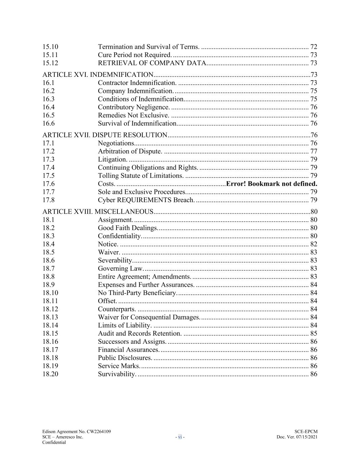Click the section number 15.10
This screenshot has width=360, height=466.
click(x=50, y=47)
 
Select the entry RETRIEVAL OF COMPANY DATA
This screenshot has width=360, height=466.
click(x=152, y=63)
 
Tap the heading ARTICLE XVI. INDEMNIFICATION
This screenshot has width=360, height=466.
click(x=98, y=75)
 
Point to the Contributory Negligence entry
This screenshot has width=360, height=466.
click(x=133, y=107)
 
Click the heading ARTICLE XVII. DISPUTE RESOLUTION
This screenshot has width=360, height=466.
click(x=105, y=135)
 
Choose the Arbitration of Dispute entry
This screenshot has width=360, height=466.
click(x=130, y=151)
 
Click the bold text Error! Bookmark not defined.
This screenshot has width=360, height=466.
click(x=272, y=184)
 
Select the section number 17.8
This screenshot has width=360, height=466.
click(x=48, y=200)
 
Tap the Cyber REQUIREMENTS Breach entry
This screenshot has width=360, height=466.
click(x=146, y=200)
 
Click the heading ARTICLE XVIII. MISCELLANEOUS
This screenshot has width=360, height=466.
click(x=98, y=212)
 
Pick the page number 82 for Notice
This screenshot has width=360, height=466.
click(x=314, y=244)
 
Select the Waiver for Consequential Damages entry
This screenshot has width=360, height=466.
click(x=149, y=317)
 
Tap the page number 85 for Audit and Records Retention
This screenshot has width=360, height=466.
click(x=314, y=334)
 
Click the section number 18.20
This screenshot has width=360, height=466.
click(x=50, y=374)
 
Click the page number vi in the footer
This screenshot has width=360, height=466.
click(x=180, y=437)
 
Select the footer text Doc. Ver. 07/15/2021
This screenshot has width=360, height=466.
click(x=297, y=437)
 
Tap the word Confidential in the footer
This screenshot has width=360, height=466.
click(x=54, y=442)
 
